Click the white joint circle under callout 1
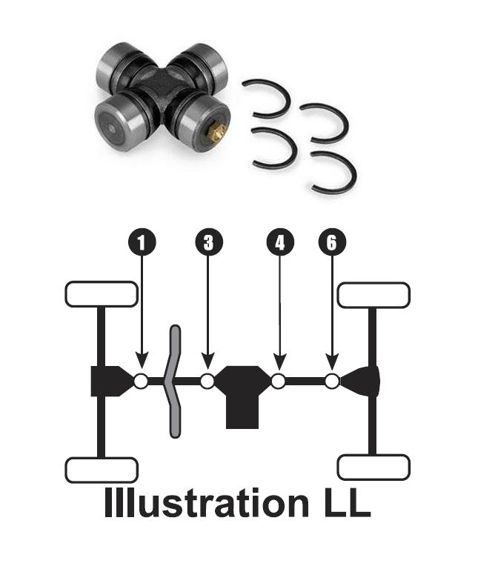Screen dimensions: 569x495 point(141,381)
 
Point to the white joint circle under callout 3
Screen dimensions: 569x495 point(207,381)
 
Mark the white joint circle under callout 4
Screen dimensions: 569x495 point(279,381)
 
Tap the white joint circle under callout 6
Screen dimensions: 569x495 point(332,381)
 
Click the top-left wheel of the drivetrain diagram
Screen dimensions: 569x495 point(102,294)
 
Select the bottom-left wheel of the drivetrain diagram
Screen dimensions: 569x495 point(102,470)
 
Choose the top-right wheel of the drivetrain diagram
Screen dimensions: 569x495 point(373,294)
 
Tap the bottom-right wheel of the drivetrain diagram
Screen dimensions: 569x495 point(373,467)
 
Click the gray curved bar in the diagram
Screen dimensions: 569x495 point(174,381)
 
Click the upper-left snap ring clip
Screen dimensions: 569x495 point(266,99)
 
